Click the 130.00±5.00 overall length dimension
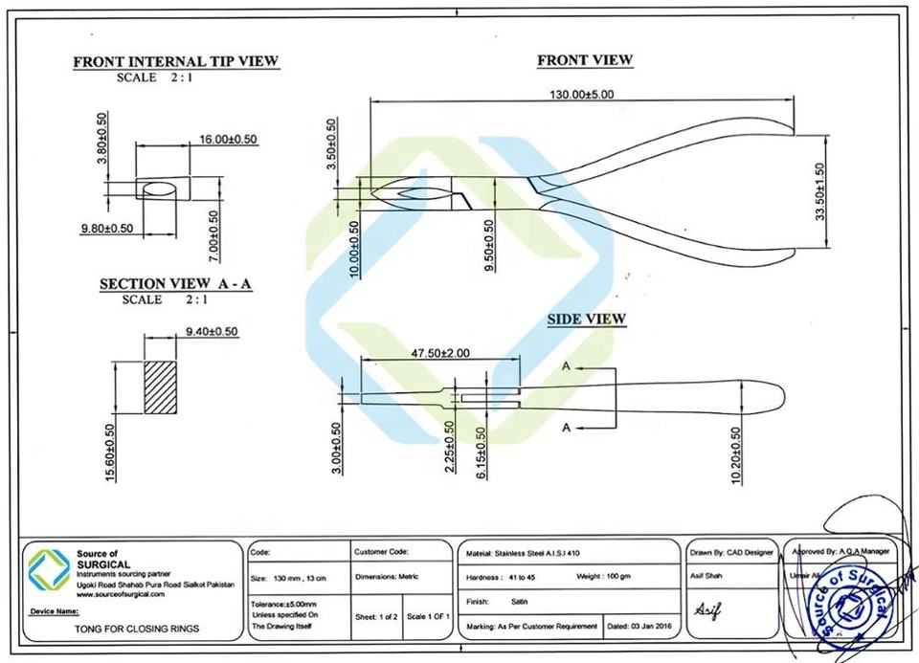(x=581, y=94)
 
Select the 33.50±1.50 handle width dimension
(x=819, y=192)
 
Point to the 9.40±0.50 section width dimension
(x=211, y=331)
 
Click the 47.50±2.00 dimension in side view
(x=440, y=353)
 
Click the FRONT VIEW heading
(x=584, y=60)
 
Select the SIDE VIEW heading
(x=586, y=319)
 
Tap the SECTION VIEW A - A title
(x=175, y=284)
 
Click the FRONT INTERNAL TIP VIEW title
(x=175, y=62)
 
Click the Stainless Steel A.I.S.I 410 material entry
(x=522, y=553)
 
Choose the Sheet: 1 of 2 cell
(x=376, y=617)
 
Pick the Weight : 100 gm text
(x=603, y=577)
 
